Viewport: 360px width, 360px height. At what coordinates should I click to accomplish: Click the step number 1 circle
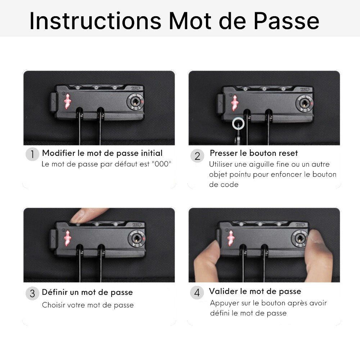point(32,154)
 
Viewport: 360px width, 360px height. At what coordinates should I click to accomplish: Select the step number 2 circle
point(197,156)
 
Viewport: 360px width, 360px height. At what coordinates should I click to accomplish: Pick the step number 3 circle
point(32,293)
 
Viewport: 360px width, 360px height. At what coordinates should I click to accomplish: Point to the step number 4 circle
point(197,292)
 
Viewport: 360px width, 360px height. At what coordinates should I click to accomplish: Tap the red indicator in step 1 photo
point(68,101)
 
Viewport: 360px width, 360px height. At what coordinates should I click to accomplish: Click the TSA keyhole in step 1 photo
point(136,101)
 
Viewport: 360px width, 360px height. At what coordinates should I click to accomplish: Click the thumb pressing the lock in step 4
point(318,241)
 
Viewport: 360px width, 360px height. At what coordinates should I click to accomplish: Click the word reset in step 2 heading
point(287,153)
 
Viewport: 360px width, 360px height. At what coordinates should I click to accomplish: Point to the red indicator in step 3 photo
point(68,238)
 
